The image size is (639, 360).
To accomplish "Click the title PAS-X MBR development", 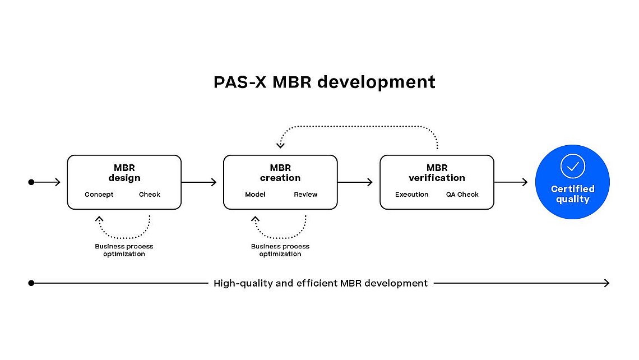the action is pos(325,82).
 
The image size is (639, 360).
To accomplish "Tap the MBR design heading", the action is pos(124,173).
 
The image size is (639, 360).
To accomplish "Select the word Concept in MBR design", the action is pos(99,195).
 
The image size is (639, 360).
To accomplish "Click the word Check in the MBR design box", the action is pos(150,195).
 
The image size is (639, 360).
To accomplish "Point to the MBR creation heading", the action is pos(280,173).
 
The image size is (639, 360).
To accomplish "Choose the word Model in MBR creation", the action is pos(255,195).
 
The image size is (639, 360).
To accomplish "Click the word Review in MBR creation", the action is pos(305,195).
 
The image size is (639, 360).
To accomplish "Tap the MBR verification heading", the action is pos(437,173).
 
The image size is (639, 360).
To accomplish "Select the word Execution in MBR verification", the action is pos(411,195).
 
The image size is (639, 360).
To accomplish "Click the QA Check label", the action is pos(462,195).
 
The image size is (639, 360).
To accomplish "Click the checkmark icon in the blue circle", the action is pos(572,166).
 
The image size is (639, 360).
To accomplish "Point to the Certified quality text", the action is pos(572,194).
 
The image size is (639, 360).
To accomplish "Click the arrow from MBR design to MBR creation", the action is pos(199,182).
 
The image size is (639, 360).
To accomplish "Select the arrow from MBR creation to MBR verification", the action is pos(355,182).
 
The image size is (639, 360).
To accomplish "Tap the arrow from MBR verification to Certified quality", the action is pos(511,182).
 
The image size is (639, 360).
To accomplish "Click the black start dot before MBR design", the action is pos(31,182).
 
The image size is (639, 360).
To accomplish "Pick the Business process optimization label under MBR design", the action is pos(124,250).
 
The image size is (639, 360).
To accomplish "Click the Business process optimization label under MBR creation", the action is pos(280,250).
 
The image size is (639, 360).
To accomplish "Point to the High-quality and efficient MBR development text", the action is pos(321,283).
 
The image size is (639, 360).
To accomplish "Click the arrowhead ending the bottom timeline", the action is pos(607,283).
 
